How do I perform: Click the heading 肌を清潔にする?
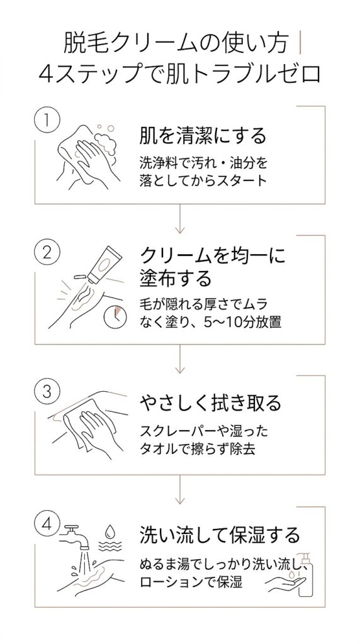tap(203, 136)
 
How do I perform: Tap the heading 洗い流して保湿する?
tap(220, 536)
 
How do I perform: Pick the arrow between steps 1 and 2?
tap(181, 220)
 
